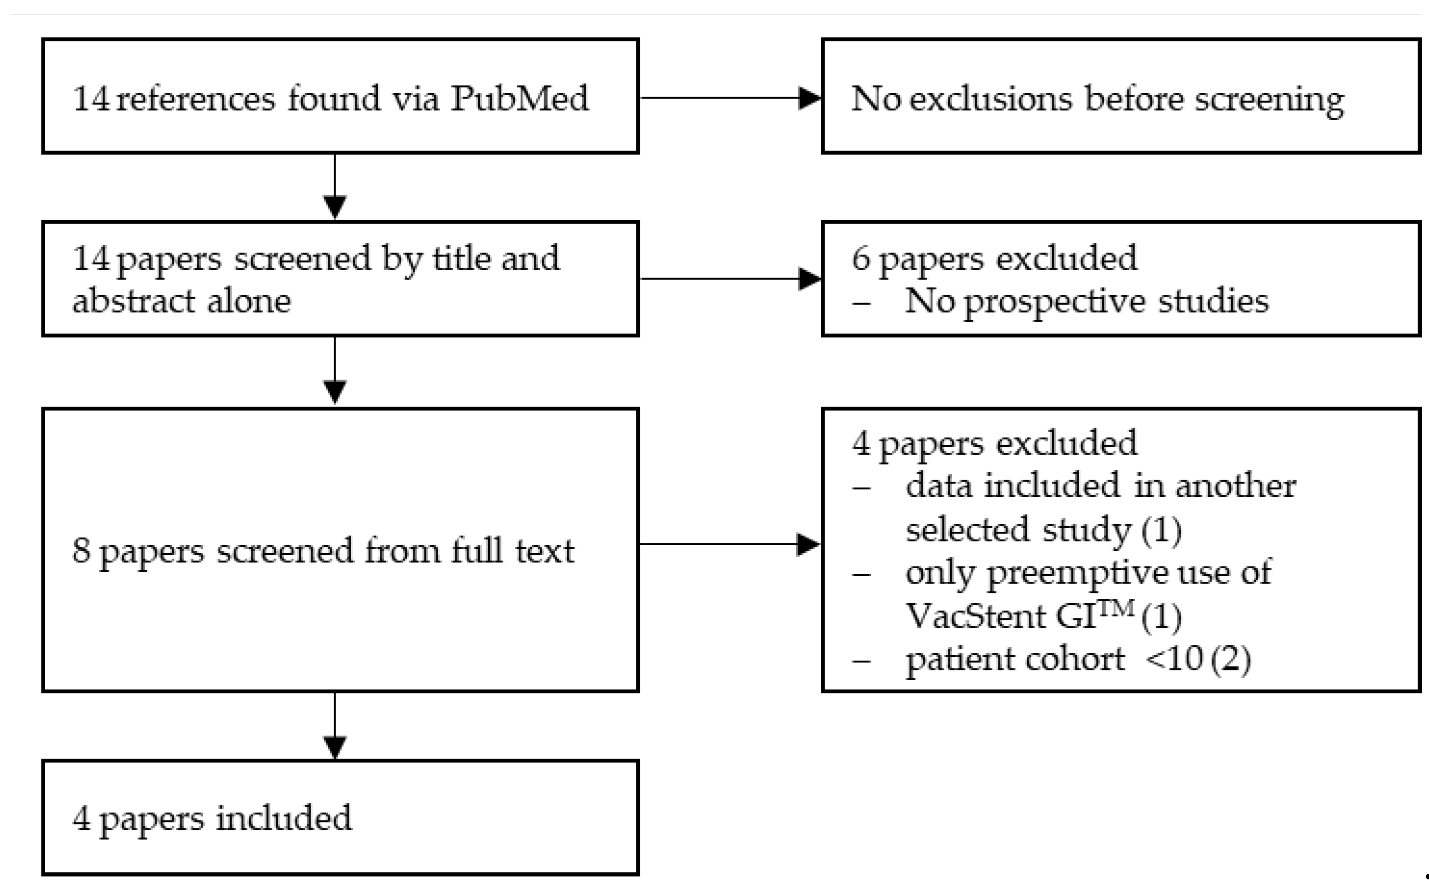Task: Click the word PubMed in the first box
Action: click(520, 98)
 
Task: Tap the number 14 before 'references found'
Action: click(91, 98)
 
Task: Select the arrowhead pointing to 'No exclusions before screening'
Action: click(810, 98)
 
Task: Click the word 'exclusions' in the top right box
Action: click(991, 98)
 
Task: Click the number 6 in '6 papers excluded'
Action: click(860, 258)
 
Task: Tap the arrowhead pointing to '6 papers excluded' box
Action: click(810, 279)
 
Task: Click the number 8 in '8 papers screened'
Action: click(81, 551)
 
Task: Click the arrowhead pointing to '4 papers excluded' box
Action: click(808, 544)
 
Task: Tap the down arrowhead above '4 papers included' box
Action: click(335, 747)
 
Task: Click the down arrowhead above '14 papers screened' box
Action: click(335, 207)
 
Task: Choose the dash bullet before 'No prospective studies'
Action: click(861, 303)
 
